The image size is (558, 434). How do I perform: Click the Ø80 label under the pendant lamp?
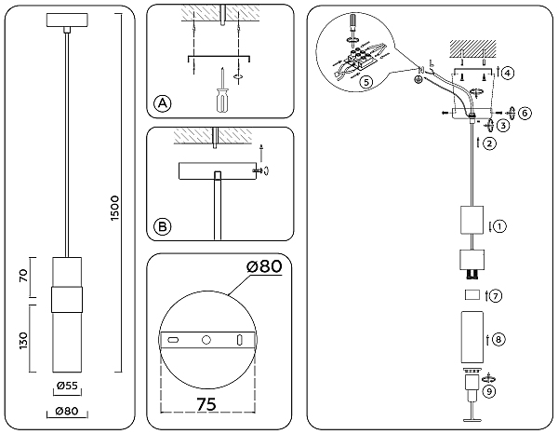(x=65, y=412)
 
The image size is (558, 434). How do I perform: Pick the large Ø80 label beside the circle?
(x=263, y=268)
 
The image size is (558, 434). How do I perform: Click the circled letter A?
(x=163, y=103)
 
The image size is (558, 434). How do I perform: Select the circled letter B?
(x=163, y=225)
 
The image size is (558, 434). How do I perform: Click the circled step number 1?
(x=499, y=226)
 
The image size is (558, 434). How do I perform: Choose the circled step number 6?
(x=525, y=113)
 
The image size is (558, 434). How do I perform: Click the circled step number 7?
(x=496, y=296)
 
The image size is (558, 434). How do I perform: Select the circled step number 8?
(x=499, y=340)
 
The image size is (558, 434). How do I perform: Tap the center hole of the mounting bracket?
(x=207, y=341)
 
